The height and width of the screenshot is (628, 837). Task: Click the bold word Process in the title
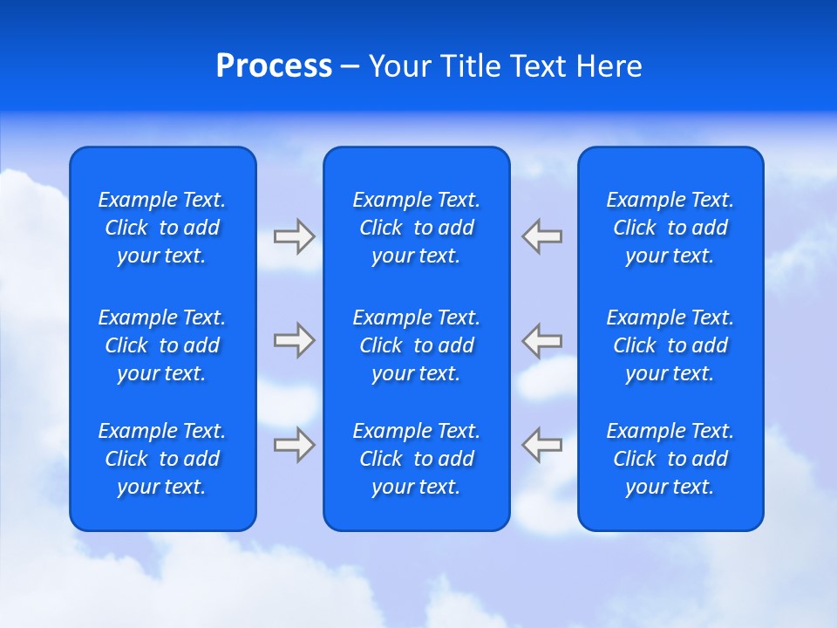coord(274,66)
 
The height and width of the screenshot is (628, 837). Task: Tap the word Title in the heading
coord(466,66)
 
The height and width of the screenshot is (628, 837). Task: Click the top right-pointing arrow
coord(294,236)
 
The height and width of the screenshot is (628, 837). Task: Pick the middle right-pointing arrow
coord(294,340)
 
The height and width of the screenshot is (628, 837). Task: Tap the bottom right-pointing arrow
coord(294,444)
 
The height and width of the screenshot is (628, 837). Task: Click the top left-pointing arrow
coord(542,236)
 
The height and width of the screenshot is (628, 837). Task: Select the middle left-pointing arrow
coord(542,340)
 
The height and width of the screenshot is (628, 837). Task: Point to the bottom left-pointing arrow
coord(542,444)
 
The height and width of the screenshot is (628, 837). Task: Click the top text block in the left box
coord(162,228)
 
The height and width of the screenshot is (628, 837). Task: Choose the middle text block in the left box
coord(162,345)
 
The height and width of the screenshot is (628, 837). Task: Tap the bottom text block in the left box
coord(162,459)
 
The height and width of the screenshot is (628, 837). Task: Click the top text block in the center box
coord(416,228)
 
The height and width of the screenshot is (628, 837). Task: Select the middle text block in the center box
coord(416,345)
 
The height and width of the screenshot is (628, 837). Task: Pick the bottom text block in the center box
coord(416,459)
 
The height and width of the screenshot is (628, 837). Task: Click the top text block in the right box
coord(670,228)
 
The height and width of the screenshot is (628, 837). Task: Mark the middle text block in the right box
coord(670,345)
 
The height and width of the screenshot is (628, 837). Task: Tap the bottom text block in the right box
coord(670,459)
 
